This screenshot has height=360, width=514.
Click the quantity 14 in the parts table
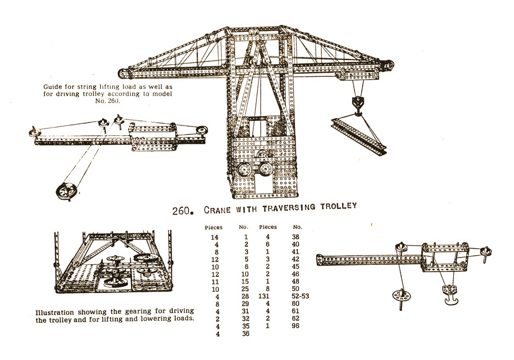point(214,237)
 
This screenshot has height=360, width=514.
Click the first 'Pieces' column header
point(213,227)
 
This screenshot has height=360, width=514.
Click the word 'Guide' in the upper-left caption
point(53,86)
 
